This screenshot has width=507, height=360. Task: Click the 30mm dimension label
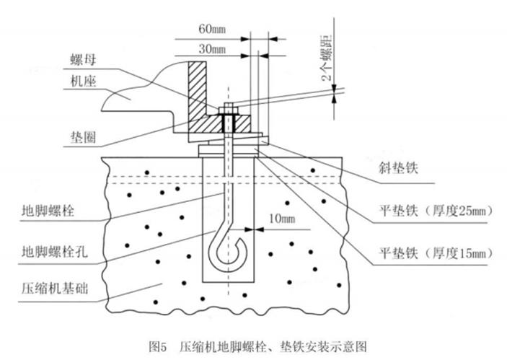click(x=211, y=50)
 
